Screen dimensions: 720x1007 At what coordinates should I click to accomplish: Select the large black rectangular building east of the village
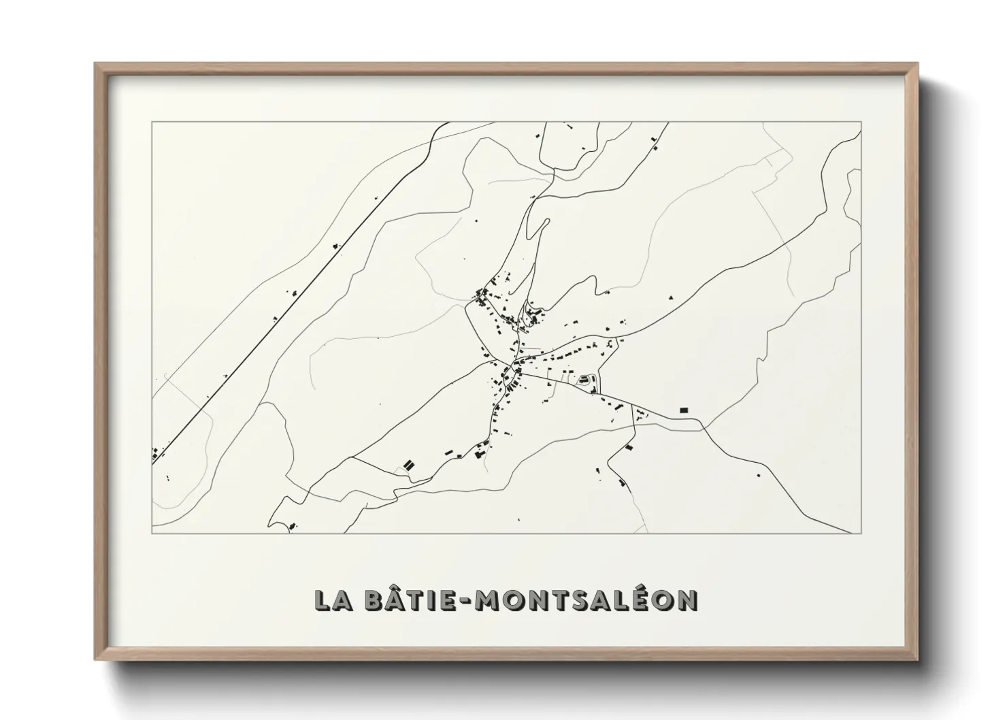684,410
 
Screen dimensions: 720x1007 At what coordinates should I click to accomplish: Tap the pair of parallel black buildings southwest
408,465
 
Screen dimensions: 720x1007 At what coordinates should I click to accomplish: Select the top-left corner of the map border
152,122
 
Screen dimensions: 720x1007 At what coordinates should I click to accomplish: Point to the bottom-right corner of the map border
861,534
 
